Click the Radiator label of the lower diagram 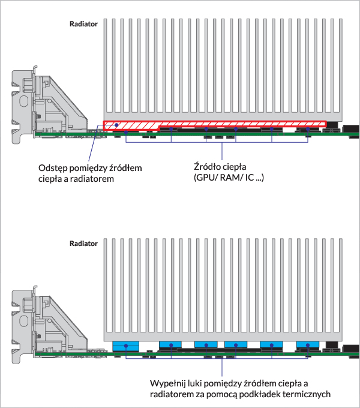(84, 244)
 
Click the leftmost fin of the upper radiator (107, 66)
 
